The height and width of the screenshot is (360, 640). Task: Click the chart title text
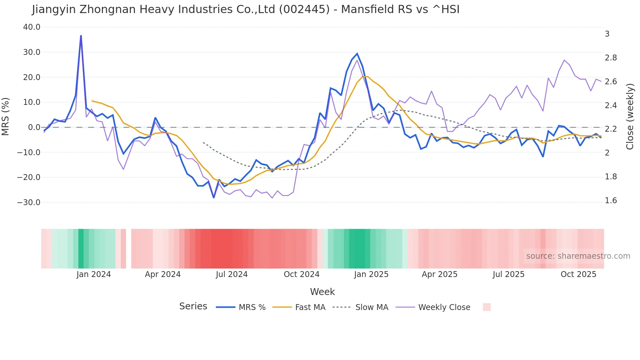[246, 9]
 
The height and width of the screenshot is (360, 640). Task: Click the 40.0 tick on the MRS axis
[32, 27]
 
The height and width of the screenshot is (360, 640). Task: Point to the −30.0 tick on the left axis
[29, 203]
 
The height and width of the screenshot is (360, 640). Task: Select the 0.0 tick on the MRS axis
[34, 127]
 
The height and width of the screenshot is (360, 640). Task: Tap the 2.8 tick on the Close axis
[611, 58]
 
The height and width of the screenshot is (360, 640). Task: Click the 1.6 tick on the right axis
[611, 201]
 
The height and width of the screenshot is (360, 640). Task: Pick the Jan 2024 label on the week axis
[94, 274]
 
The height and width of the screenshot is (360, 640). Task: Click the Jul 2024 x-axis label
[232, 274]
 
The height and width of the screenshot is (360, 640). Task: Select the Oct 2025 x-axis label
[578, 274]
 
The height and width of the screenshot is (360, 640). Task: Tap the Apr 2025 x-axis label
[440, 274]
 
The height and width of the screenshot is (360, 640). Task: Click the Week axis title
[322, 292]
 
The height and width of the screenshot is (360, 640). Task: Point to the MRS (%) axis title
[6, 116]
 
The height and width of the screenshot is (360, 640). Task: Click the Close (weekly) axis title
[630, 117]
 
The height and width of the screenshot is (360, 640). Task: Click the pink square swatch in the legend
[487, 307]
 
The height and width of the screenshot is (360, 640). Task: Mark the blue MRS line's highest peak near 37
[81, 36]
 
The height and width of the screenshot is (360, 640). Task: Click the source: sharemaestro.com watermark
[578, 256]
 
